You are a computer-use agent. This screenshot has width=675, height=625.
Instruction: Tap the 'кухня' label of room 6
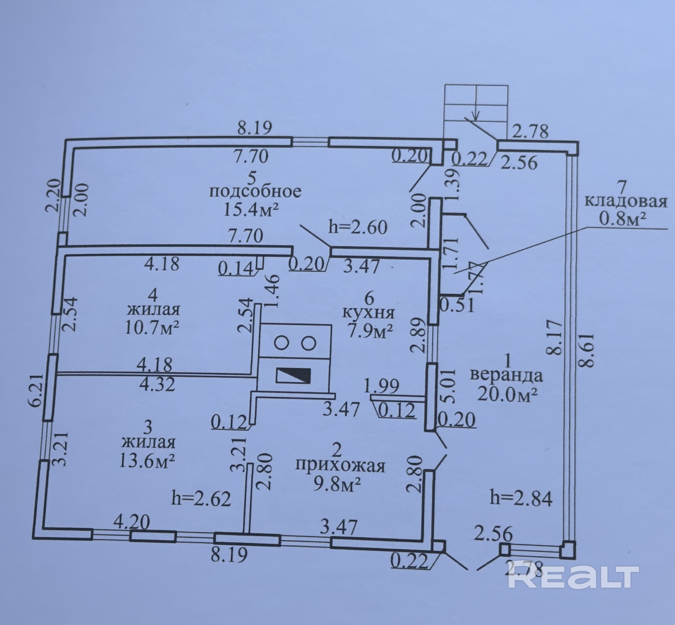[x=369, y=313]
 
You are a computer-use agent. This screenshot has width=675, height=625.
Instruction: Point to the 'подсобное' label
[x=255, y=192]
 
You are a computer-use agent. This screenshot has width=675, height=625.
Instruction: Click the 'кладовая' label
[x=626, y=202]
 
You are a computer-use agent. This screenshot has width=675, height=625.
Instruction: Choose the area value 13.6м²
[x=147, y=460]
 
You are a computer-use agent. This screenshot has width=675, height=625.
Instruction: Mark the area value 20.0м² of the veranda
[x=508, y=394]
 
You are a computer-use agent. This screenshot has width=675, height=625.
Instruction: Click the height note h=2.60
[x=358, y=227]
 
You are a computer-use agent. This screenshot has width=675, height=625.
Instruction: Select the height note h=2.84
[x=521, y=499]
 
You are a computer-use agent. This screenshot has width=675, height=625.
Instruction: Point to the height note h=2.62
[x=201, y=499]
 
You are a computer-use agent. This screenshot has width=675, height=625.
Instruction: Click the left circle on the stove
[x=280, y=343]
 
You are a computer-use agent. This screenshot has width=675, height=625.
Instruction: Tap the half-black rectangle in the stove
[x=294, y=376]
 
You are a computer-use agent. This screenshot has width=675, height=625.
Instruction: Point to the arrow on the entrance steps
[x=476, y=115]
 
